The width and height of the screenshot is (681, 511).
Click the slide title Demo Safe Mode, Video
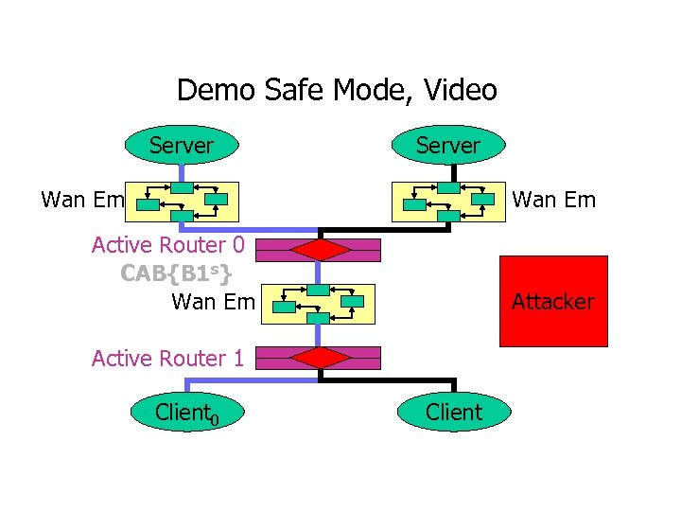[x=337, y=90]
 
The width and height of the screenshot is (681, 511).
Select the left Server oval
[x=182, y=145]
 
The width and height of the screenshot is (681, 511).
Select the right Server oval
[x=449, y=145]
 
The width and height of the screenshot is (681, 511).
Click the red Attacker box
[x=553, y=302]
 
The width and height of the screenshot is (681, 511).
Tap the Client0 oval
[x=187, y=412]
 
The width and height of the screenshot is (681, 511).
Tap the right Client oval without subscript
[x=454, y=412]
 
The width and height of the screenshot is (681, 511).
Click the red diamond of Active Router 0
[x=320, y=250]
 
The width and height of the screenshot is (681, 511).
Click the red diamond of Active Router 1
[x=320, y=358]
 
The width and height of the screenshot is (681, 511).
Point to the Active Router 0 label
[x=168, y=245]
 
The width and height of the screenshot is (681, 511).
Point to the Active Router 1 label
[x=168, y=358]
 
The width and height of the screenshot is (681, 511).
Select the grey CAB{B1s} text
[x=176, y=273]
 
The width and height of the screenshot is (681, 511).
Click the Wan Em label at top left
[x=83, y=200]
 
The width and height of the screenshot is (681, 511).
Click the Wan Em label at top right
[x=553, y=200]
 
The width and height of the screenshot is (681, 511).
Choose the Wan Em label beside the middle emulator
[x=213, y=302]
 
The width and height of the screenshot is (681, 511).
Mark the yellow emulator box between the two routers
[x=320, y=303]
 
